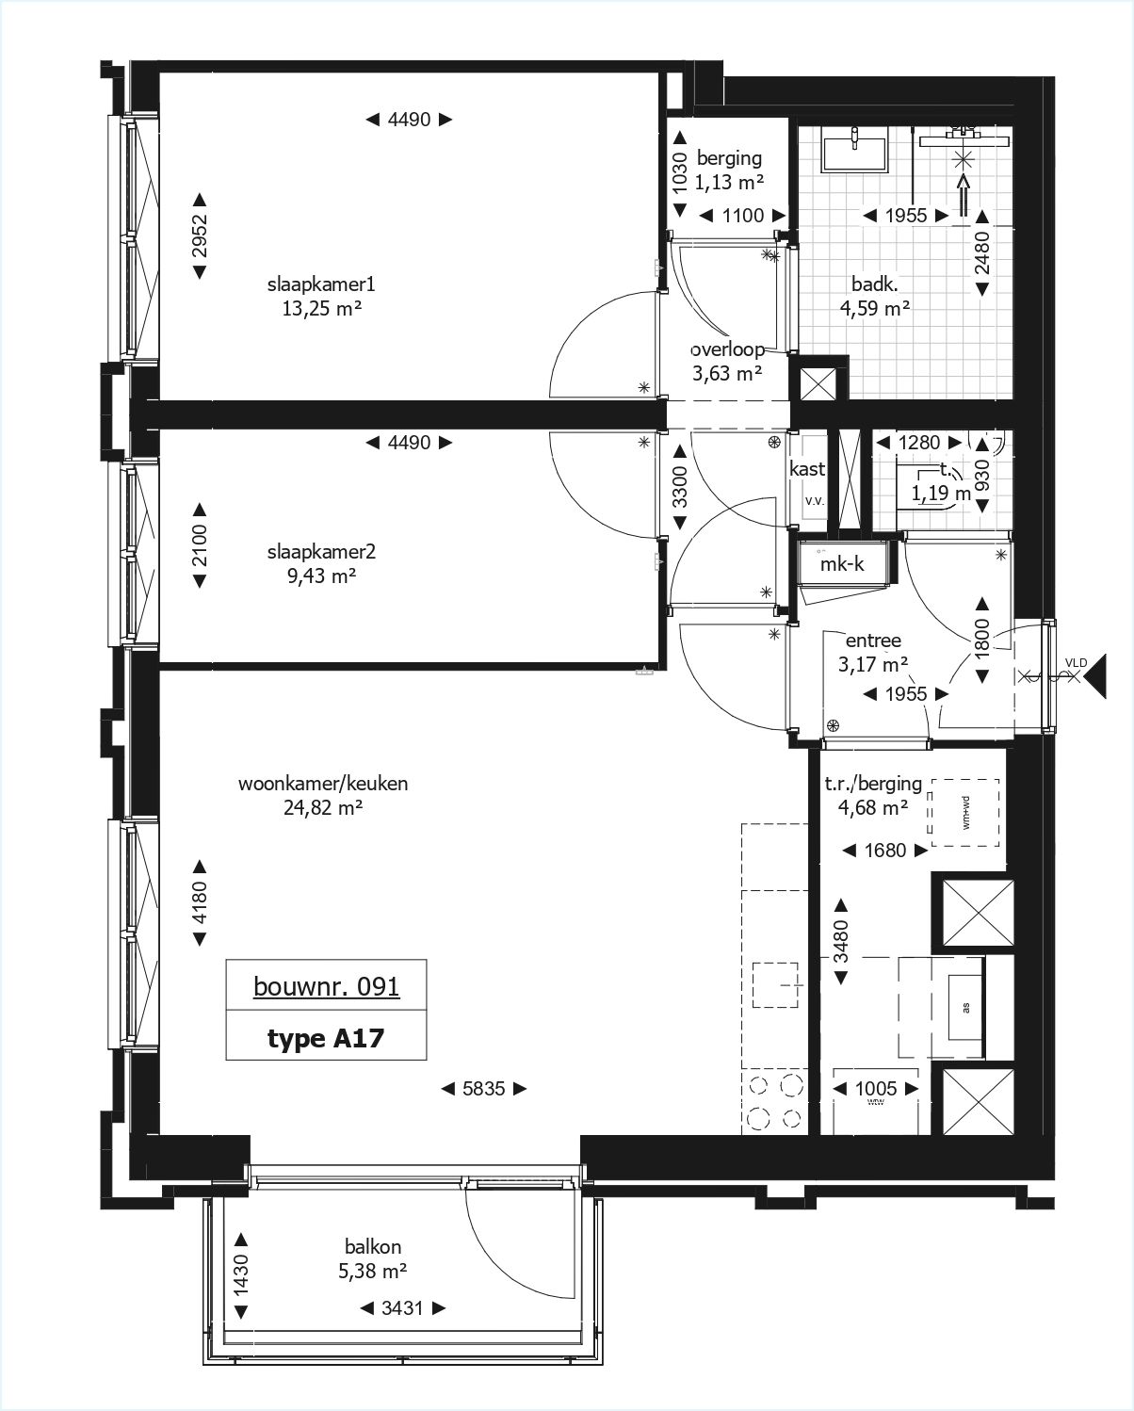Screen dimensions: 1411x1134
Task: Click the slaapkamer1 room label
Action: (321, 284)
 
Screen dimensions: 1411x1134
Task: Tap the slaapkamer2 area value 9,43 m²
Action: (321, 576)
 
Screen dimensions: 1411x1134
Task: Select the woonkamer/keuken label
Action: (323, 783)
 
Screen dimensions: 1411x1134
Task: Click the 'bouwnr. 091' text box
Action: (326, 986)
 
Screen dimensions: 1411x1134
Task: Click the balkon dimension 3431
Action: (402, 1308)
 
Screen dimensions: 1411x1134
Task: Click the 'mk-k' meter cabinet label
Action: (841, 564)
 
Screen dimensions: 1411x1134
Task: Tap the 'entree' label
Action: (873, 641)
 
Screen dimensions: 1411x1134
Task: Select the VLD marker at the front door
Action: (1075, 663)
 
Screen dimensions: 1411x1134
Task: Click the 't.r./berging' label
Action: (873, 783)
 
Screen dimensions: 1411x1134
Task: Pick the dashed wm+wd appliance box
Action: (964, 812)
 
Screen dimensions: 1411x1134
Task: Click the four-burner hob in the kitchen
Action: (774, 1101)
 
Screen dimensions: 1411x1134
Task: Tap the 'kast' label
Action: (808, 468)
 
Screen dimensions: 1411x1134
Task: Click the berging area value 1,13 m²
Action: (729, 183)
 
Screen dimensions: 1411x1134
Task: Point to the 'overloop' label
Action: (726, 349)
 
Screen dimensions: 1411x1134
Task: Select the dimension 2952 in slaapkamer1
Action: (200, 235)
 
